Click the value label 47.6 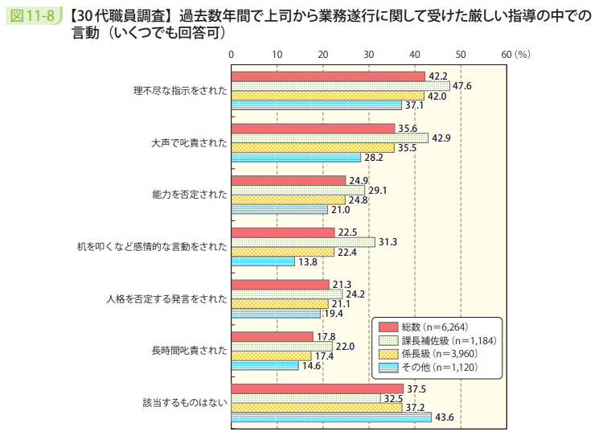point(462,86)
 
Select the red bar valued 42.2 point(328,76)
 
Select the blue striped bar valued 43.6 point(331,417)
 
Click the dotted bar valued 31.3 point(303,241)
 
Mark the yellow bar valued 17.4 point(271,356)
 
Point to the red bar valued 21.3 point(281,284)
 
